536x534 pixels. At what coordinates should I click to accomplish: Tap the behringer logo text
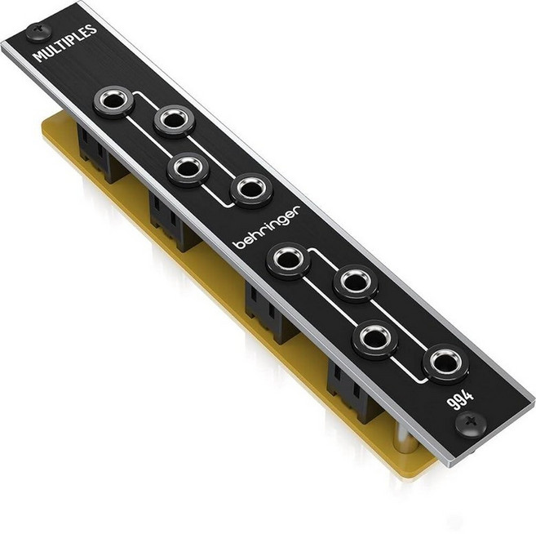point(267,225)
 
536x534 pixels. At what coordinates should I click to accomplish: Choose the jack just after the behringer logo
point(289,260)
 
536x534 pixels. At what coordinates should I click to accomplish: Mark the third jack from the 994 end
point(356,282)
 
